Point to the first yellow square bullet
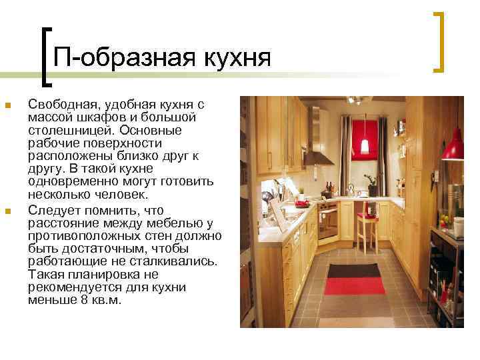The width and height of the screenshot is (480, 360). (7, 106)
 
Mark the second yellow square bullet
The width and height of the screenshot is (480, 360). (7, 212)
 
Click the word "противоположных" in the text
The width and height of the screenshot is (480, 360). (77, 235)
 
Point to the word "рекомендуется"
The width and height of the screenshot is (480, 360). (68, 287)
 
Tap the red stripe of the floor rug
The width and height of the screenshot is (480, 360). (354, 285)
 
